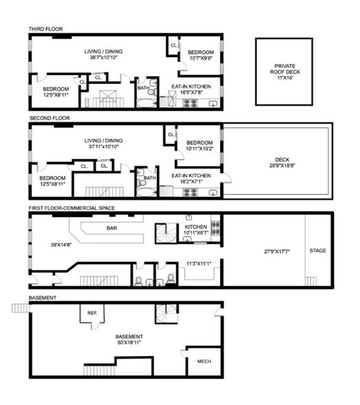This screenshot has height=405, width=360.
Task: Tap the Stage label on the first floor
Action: [317, 250]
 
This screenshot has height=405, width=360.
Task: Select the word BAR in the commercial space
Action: [111, 228]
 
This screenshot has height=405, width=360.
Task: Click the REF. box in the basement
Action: [92, 313]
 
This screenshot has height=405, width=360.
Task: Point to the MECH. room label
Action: [204, 361]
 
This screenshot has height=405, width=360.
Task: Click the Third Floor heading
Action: [45, 28]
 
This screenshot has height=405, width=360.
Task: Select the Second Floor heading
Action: [49, 118]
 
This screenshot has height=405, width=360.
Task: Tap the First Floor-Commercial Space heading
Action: [72, 207]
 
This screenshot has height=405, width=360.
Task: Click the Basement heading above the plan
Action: [42, 298]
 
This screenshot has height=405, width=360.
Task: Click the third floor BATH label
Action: [143, 87]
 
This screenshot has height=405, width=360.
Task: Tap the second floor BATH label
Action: [149, 178]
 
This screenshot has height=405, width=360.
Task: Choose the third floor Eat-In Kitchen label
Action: [197, 86]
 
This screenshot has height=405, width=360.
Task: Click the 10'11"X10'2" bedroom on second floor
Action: [200, 148]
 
